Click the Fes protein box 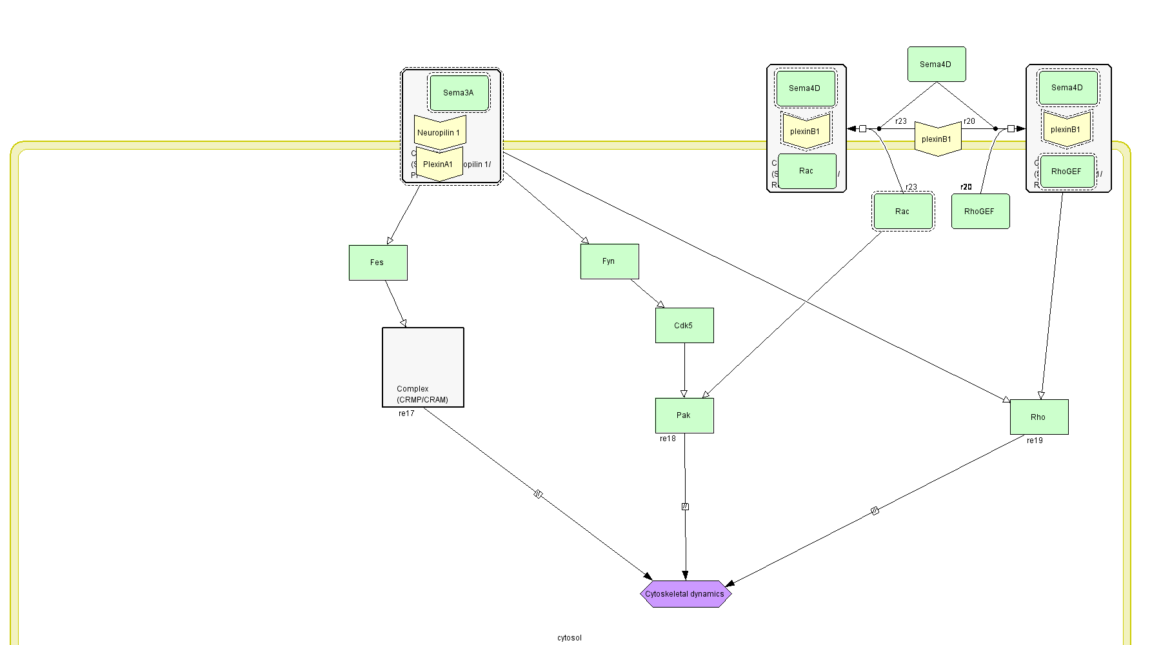(378, 263)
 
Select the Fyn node (610, 261)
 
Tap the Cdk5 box (684, 325)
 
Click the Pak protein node (684, 415)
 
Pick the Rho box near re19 (1038, 417)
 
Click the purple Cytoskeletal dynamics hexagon (685, 594)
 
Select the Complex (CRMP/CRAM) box (423, 367)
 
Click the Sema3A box (459, 93)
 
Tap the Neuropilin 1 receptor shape (439, 132)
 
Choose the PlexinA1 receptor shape (439, 164)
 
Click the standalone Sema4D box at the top (937, 64)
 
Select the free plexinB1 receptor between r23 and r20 (937, 139)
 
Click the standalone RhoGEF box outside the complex (980, 212)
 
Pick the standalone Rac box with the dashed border (902, 212)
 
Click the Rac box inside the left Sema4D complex (807, 171)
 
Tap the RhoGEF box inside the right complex (1067, 172)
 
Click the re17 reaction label (406, 413)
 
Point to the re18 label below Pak (668, 439)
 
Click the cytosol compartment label (570, 638)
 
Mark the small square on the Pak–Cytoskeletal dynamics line (685, 507)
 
